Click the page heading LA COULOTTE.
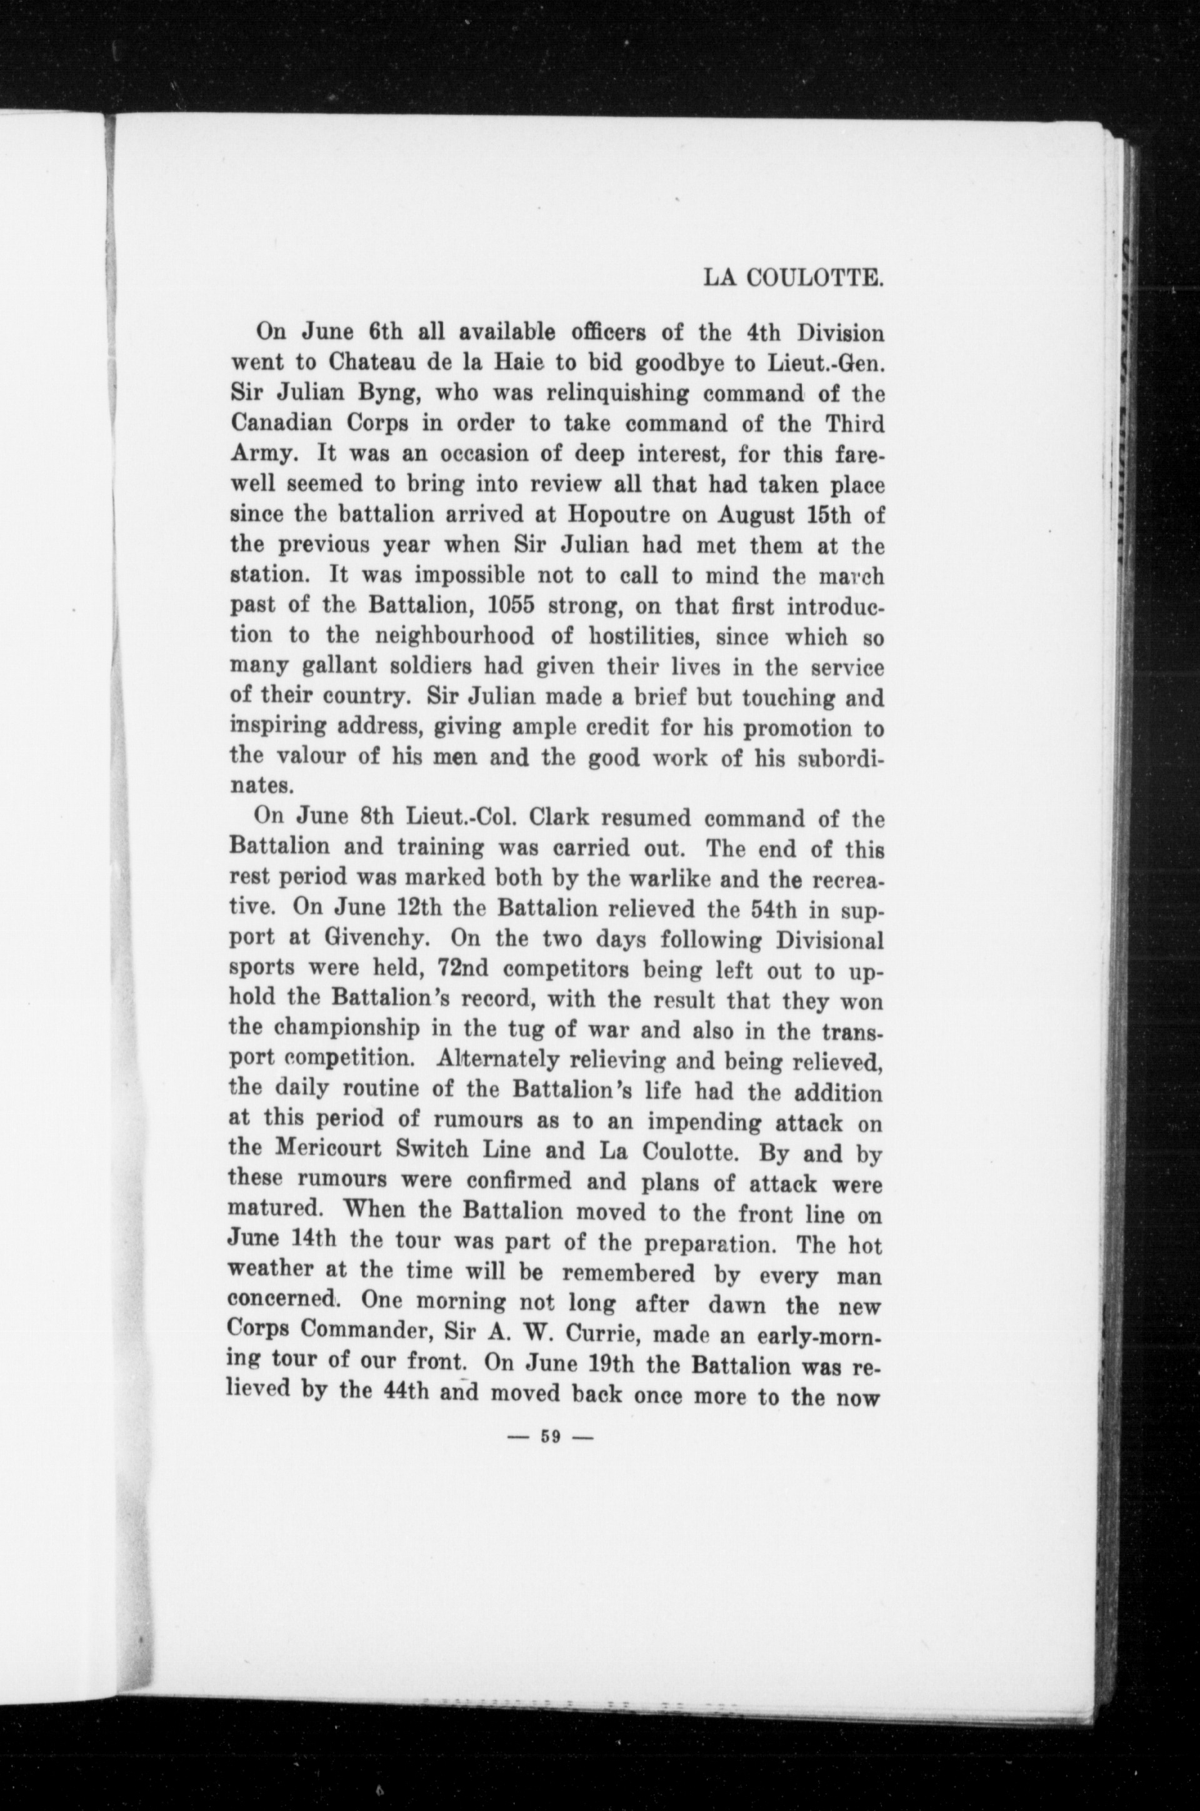pyautogui.click(x=794, y=277)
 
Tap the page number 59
pyautogui.click(x=551, y=1437)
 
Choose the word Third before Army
pyautogui.click(x=854, y=424)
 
